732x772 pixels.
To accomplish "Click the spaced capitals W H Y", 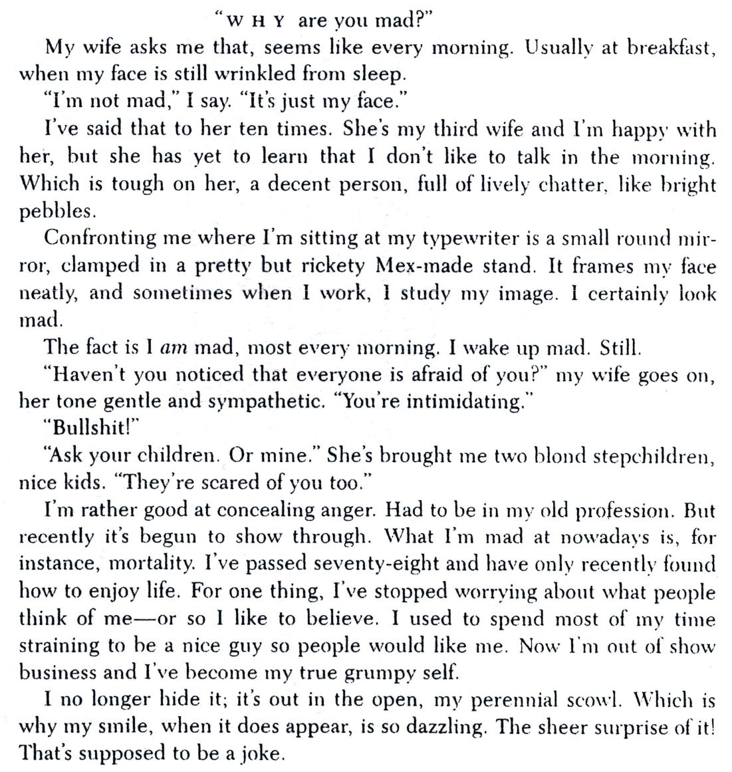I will [x=256, y=21].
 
